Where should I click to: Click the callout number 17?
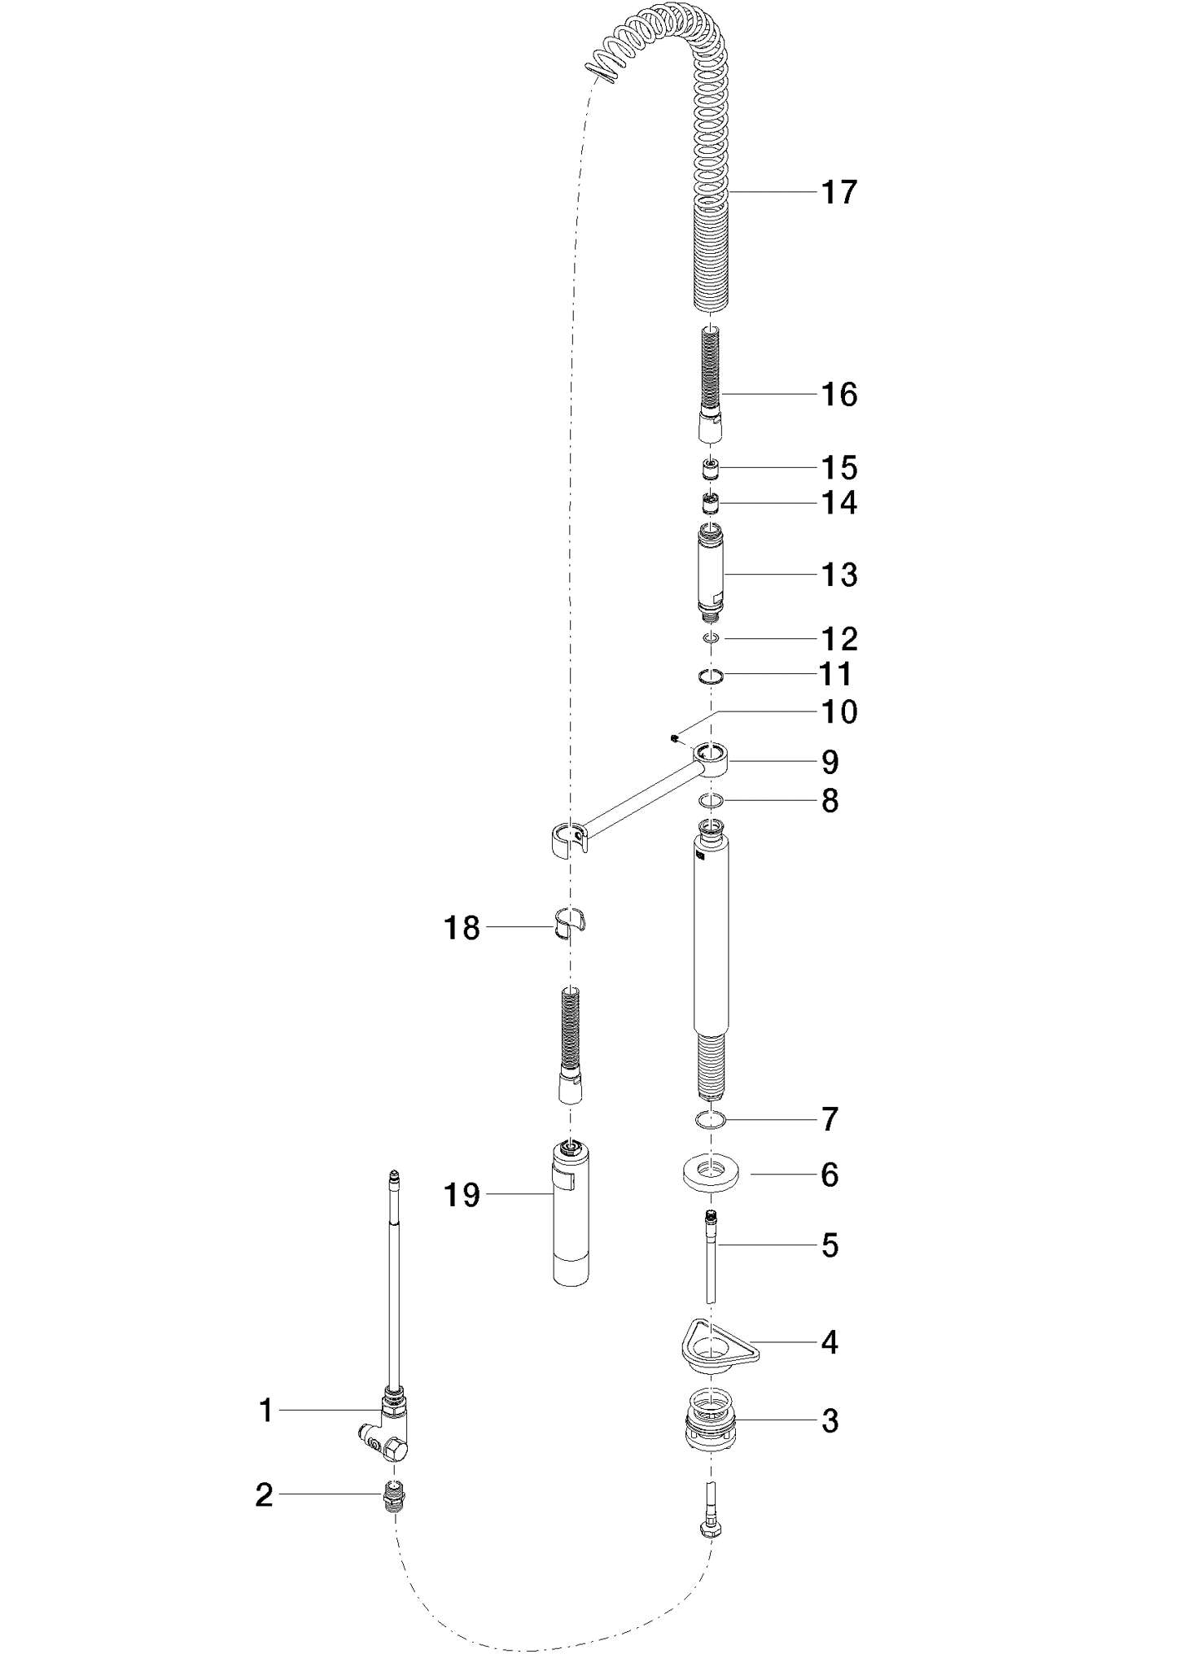coord(839,192)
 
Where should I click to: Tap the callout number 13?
coord(839,575)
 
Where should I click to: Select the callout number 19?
coord(462,1195)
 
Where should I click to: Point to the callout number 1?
coord(265,1410)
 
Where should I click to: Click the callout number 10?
coord(839,711)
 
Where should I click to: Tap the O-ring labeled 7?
coord(712,1121)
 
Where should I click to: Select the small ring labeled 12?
coord(711,639)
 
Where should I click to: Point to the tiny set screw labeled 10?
coord(675,738)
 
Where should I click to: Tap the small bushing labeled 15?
coord(712,469)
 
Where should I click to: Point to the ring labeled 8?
coord(712,802)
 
